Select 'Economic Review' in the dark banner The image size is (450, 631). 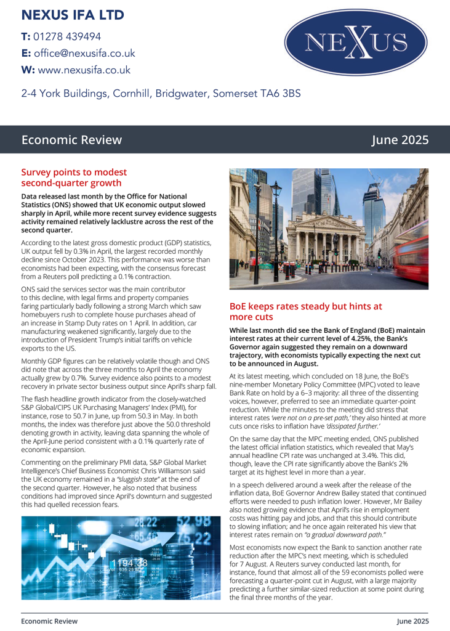71,140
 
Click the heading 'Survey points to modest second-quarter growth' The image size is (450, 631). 74,177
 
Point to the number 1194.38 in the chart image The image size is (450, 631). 129,562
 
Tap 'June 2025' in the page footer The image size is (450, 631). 412,621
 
